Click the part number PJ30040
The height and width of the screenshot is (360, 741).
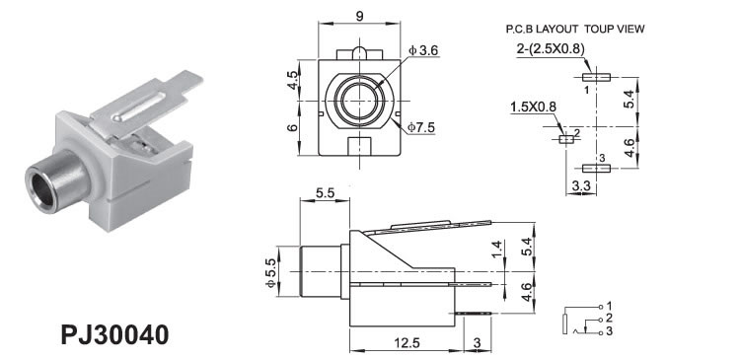pos(114,335)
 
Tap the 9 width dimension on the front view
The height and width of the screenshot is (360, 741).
pos(359,16)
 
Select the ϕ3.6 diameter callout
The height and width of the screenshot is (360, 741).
pos(423,50)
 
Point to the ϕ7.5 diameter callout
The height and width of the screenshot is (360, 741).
pos(421,127)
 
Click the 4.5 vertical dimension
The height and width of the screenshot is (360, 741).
pos(293,80)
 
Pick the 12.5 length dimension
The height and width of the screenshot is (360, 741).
pos(407,342)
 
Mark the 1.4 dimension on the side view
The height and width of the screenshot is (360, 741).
pos(496,249)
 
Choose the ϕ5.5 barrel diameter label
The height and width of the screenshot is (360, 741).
pos(270,271)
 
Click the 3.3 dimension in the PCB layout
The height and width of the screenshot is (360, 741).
pos(581,186)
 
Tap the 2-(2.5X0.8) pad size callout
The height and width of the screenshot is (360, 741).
pos(551,49)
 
